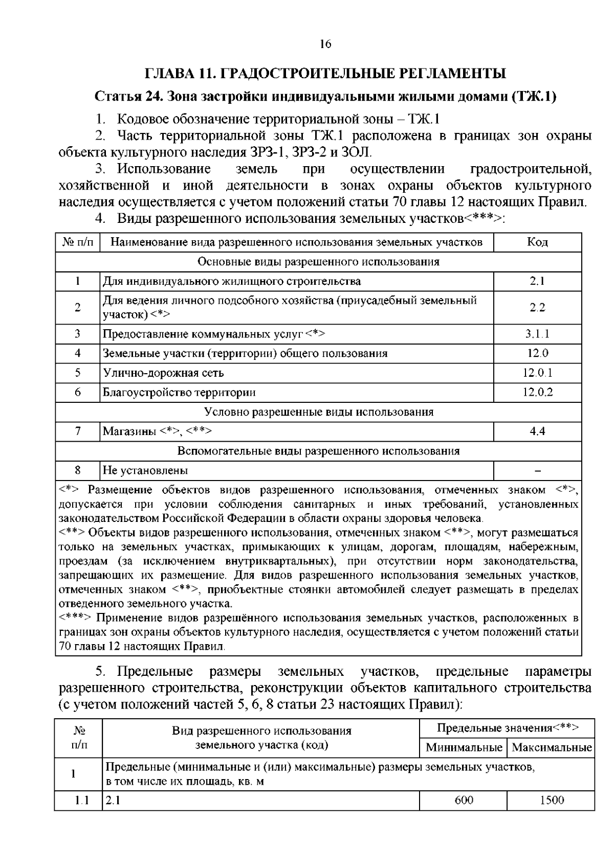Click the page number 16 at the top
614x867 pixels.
325,44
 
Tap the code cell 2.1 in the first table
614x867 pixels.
537,281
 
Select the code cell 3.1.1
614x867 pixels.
537,334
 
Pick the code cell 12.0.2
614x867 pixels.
537,392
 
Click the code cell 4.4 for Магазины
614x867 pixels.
537,431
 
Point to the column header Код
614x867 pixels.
537,242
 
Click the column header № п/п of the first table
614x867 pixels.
78,242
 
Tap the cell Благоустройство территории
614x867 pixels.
179,392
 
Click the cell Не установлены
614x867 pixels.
145,470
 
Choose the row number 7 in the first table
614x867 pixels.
78,431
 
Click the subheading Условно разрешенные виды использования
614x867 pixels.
318,412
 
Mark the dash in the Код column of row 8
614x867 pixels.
537,470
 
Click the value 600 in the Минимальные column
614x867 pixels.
464,800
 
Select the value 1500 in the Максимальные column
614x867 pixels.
552,800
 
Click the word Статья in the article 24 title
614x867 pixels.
114,97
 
